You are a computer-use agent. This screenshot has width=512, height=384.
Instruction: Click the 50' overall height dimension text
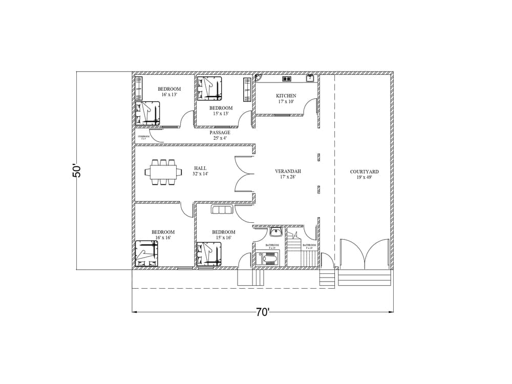point(77,170)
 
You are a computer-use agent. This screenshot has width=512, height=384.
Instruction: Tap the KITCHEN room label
point(286,96)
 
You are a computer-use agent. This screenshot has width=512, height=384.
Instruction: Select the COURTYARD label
point(364,172)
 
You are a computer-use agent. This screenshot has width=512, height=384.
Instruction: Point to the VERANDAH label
point(288,171)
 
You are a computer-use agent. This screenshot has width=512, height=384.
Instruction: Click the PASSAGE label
point(220,133)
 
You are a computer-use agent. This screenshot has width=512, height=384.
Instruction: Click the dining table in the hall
point(163,171)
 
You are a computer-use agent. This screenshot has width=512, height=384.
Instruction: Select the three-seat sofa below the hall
point(222,210)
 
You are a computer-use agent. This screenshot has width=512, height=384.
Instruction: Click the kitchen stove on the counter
point(285,79)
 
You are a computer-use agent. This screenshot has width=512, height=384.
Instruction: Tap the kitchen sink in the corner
point(310,78)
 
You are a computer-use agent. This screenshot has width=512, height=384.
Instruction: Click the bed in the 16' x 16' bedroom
point(147,253)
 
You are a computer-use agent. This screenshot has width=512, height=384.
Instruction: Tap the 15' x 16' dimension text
point(223,238)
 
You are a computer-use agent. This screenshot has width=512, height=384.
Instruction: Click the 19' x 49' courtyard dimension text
point(364,178)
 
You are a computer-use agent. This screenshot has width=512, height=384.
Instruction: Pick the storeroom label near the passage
point(143,137)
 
